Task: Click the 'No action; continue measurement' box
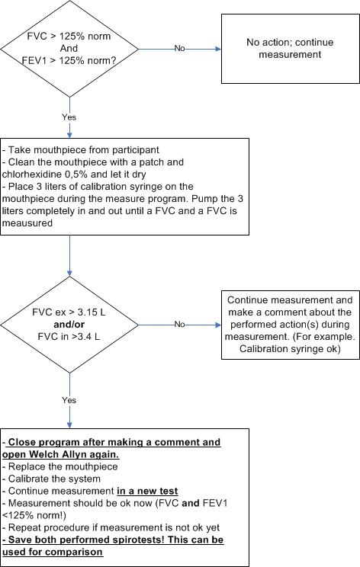click(290, 49)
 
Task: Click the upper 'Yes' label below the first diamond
click(69, 117)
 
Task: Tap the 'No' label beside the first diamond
click(179, 48)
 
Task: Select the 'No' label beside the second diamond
click(179, 325)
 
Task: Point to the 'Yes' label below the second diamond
click(69, 400)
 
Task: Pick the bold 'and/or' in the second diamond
click(69, 325)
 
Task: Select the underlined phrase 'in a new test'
click(147, 491)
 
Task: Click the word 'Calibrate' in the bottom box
click(28, 479)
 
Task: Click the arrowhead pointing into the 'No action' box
click(218, 49)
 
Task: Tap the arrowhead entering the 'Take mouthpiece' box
click(69, 135)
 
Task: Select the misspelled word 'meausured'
click(27, 223)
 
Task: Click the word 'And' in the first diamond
click(69, 48)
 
